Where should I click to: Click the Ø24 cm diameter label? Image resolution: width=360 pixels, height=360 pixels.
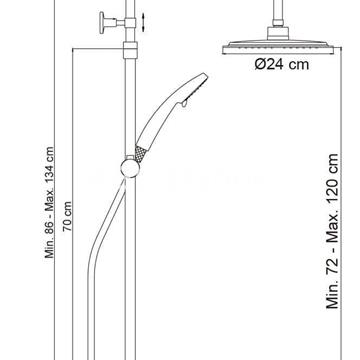(x=282, y=64)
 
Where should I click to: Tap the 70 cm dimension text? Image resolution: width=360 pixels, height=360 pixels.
(x=68, y=216)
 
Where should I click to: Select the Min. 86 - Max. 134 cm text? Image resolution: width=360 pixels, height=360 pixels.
(x=50, y=202)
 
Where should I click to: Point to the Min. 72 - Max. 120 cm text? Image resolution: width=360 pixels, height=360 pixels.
(x=332, y=231)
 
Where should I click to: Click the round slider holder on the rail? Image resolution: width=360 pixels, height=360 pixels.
(x=130, y=168)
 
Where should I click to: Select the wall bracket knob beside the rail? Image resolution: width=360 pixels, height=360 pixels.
(x=102, y=23)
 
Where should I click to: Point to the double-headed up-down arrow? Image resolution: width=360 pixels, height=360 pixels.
(x=143, y=23)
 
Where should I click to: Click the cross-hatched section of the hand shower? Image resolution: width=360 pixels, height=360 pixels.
(x=141, y=154)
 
